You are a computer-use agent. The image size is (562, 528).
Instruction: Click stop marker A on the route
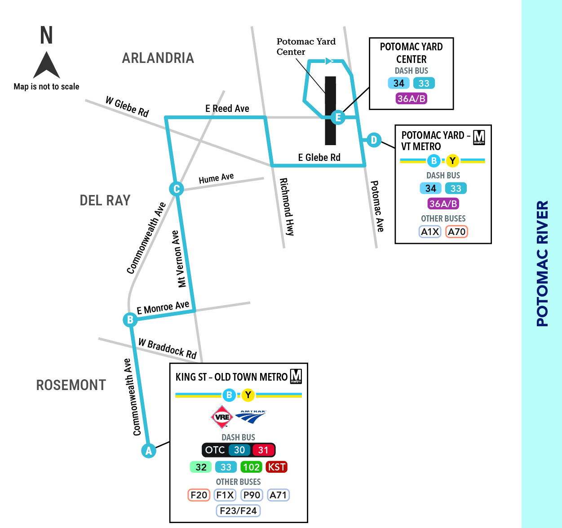click(149, 451)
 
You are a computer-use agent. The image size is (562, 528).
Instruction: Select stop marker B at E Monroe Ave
click(130, 319)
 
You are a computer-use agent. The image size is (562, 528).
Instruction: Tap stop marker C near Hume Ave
click(176, 189)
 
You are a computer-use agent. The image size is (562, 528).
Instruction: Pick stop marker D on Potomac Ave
click(374, 140)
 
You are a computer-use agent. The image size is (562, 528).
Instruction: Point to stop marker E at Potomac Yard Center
click(338, 117)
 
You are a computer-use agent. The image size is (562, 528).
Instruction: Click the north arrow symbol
click(46, 65)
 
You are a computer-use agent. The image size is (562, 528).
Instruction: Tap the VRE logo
click(222, 417)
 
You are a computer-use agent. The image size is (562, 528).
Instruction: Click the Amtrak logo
click(251, 417)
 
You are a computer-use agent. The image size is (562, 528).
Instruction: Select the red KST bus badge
click(276, 467)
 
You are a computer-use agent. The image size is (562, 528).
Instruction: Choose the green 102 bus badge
click(251, 467)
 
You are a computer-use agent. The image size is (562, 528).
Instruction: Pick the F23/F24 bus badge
click(238, 511)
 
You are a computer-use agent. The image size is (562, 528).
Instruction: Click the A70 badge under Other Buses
click(456, 231)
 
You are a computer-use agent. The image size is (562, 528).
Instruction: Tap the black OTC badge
click(215, 450)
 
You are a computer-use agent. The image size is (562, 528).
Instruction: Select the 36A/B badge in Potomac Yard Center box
click(411, 98)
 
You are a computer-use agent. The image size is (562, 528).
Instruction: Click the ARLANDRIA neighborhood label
click(158, 58)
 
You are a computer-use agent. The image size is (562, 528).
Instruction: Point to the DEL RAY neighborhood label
click(105, 200)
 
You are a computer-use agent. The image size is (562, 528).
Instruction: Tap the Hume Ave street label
click(216, 178)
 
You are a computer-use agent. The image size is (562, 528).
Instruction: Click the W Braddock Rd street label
click(167, 349)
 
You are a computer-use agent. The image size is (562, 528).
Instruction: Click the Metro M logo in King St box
click(296, 376)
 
